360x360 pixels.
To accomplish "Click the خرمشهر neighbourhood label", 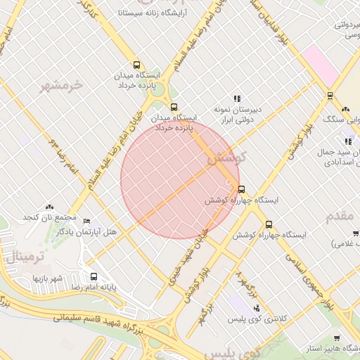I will (x=61, y=86).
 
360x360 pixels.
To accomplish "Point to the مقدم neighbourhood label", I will (x=340, y=216).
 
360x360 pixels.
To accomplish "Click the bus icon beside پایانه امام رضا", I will (x=94, y=276).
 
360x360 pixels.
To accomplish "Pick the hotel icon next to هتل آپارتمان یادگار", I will (x=86, y=221).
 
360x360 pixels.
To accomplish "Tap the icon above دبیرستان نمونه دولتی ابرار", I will (x=237, y=99).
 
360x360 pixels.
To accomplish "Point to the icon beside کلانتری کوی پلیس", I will (x=256, y=307).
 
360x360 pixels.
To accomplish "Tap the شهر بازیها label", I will (x=48, y=278).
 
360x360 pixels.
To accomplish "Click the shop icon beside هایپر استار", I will (x=336, y=338).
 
